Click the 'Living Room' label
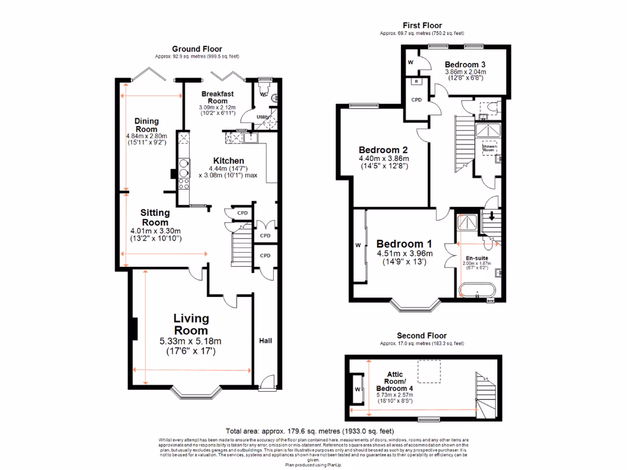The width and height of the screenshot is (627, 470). [191, 324]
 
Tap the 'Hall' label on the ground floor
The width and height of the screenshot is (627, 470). [265, 341]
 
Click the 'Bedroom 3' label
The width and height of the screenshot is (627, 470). [465, 64]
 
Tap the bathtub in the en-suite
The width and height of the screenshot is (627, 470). [478, 290]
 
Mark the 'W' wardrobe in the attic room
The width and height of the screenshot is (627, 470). [356, 389]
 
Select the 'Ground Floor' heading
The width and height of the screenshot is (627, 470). [197, 49]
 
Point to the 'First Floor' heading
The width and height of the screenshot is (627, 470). [422, 25]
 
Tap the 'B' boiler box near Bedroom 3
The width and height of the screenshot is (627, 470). [416, 81]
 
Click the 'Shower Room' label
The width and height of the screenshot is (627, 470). [489, 148]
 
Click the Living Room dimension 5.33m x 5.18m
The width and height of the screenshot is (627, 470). [190, 341]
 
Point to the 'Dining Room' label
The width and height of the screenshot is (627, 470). [146, 125]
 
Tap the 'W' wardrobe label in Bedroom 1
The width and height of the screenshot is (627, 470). [358, 246]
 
